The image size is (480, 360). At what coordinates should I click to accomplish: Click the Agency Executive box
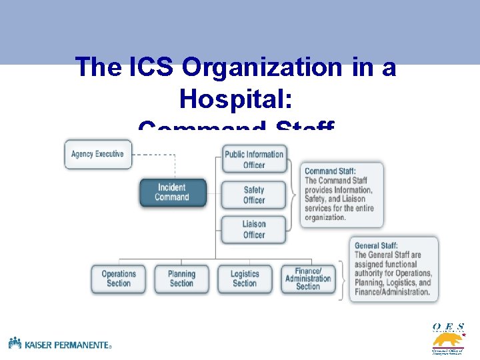click(98, 154)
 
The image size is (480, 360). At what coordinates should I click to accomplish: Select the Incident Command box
click(172, 192)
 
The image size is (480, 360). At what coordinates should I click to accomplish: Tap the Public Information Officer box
click(254, 159)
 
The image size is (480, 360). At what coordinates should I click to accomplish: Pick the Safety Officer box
click(254, 195)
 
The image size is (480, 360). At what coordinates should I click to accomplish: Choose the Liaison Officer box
click(254, 229)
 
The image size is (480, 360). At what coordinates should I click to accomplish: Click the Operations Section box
click(119, 279)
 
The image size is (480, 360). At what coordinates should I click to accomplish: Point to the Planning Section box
click(181, 279)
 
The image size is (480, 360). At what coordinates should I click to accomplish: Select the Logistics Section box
click(245, 279)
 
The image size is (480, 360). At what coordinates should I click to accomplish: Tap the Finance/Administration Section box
click(308, 279)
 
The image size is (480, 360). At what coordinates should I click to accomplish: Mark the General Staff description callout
click(394, 269)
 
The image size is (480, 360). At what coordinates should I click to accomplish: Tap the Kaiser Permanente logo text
click(67, 344)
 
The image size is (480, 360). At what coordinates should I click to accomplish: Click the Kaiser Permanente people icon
click(15, 343)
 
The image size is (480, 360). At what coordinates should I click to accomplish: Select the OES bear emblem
click(447, 339)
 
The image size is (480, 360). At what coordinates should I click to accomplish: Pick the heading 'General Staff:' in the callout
click(377, 246)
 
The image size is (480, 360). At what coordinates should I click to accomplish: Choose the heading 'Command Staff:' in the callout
click(330, 171)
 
